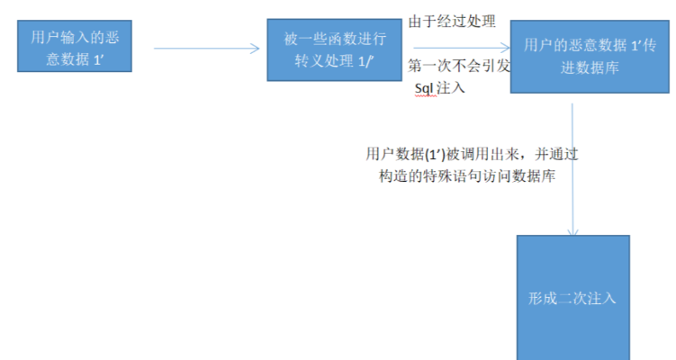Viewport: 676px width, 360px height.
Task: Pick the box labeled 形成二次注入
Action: [x=572, y=298]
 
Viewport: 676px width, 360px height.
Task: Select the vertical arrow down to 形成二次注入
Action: [x=572, y=171]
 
